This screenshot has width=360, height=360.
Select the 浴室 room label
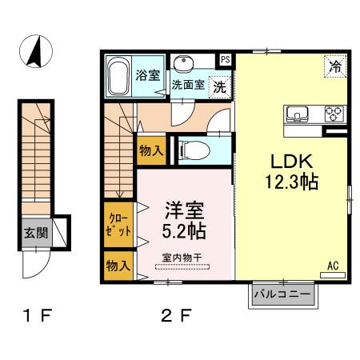point(147,77)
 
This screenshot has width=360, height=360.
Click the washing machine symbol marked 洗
point(217,85)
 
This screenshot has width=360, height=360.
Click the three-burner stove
point(334,113)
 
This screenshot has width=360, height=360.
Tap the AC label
point(331,265)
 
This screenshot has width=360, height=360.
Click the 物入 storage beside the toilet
point(150,150)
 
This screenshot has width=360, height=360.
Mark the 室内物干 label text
point(181,257)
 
